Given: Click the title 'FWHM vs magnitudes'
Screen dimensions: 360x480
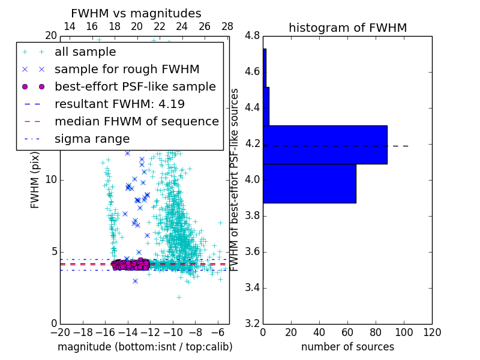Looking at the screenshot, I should coord(136,14).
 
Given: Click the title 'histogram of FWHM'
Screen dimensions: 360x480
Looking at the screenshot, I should coord(347,28).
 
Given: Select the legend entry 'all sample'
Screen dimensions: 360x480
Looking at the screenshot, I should coord(85,52).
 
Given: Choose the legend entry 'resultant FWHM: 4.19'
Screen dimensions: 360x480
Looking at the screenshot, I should coord(119,104).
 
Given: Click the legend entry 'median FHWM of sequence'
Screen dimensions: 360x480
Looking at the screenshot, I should coord(136,121).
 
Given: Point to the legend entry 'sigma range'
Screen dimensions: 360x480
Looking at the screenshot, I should coord(92,139).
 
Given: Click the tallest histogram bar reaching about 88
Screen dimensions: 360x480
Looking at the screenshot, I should coord(325,145).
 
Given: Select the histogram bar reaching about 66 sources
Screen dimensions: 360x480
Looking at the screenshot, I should coord(310,184).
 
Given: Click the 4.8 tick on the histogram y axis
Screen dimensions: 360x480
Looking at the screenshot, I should coord(253,36).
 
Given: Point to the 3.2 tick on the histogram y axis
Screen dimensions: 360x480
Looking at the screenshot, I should coord(253,323).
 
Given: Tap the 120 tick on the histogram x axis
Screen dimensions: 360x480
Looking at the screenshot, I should coord(432,332).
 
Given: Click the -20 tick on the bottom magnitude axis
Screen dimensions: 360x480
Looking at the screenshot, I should coord(60,332).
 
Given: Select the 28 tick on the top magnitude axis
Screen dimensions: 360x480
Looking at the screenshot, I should coord(227,26).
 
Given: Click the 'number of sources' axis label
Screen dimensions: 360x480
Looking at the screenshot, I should coord(347,347).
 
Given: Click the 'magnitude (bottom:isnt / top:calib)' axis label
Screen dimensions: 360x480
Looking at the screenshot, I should coord(145,347).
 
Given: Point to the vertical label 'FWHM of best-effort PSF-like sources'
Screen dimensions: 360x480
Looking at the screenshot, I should coord(235,179).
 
